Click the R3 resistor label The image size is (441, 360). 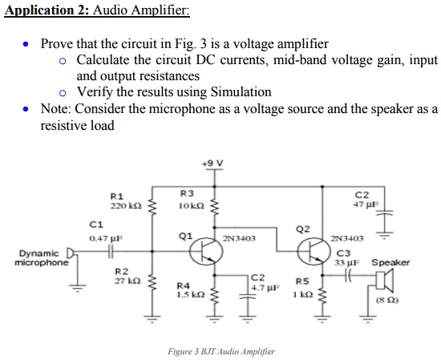pyautogui.click(x=187, y=193)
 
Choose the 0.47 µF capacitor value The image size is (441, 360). pyautogui.click(x=104, y=238)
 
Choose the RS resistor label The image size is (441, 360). pyautogui.click(x=301, y=282)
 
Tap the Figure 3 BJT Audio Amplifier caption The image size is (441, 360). pyautogui.click(x=220, y=351)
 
